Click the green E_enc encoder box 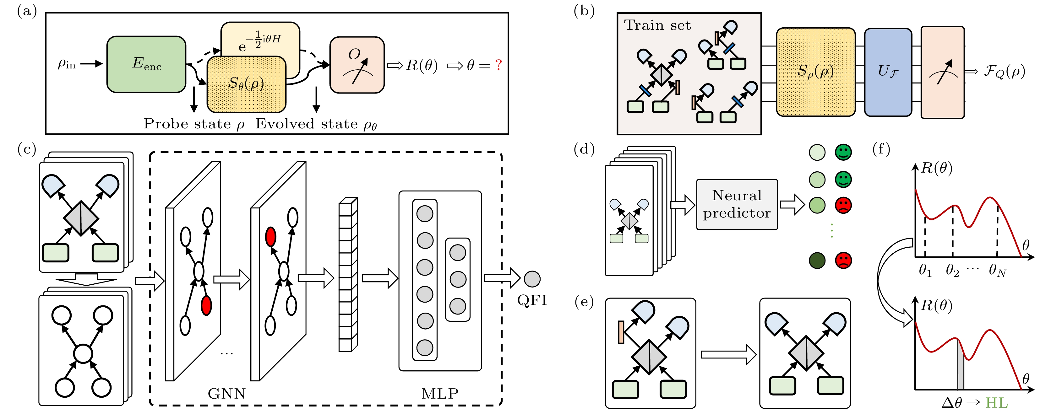click(146, 64)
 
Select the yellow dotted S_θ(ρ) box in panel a click(246, 84)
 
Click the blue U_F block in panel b click(888, 72)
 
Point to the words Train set click(657, 25)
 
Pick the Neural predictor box click(737, 204)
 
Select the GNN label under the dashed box click(226, 394)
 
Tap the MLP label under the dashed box click(439, 394)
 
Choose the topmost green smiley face click(843, 152)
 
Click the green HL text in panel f click(996, 403)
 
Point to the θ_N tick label click(997, 271)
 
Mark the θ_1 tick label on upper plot click(925, 271)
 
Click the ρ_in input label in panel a click(67, 64)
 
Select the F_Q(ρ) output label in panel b click(1004, 72)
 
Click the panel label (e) click(584, 302)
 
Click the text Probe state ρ click(194, 124)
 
